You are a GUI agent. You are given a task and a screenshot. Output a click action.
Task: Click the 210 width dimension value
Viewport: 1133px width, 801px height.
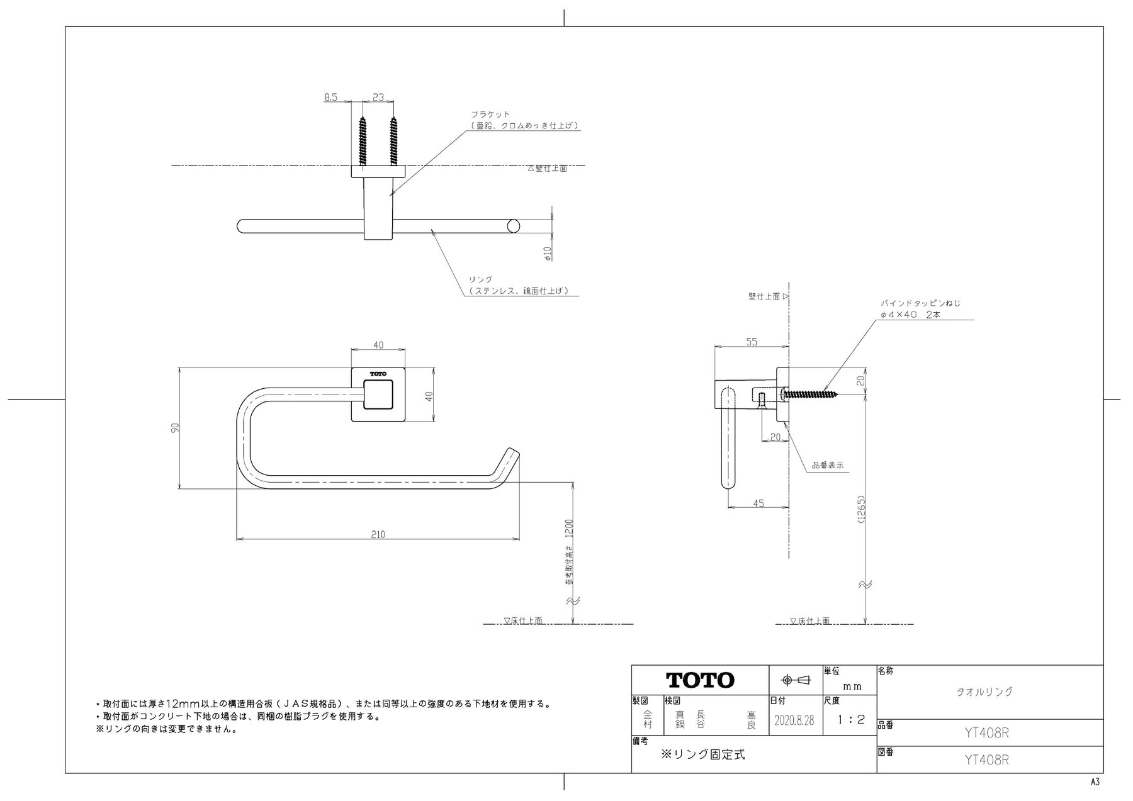[x=378, y=534]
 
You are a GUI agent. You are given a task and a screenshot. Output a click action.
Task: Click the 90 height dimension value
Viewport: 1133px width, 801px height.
[x=176, y=427]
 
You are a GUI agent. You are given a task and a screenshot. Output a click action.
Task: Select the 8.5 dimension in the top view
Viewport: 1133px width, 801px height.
[x=330, y=97]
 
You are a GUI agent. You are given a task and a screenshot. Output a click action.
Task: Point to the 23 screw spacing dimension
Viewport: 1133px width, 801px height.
[x=378, y=97]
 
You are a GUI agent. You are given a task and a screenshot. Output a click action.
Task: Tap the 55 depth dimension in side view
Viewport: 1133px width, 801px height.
[x=752, y=342]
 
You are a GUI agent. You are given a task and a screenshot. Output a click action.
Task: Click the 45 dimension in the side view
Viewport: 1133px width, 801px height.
[x=758, y=503]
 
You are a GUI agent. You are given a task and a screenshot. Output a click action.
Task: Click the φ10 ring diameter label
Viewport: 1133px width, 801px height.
[x=548, y=253]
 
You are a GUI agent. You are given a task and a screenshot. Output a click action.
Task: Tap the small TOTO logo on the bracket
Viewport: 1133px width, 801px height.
[x=378, y=374]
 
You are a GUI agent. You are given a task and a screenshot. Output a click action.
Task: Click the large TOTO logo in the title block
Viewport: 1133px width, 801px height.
[x=700, y=680]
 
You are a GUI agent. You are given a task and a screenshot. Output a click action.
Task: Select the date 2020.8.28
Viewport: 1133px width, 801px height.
[x=794, y=720]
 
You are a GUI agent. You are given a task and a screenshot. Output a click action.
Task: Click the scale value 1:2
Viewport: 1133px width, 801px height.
[x=851, y=720]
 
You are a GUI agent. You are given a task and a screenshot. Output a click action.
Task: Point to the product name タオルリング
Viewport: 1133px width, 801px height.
[x=984, y=692]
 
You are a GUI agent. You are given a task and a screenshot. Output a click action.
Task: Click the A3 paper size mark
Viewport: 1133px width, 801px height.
[x=1095, y=781]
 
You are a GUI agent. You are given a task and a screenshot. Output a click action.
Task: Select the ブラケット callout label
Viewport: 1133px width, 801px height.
[x=490, y=115]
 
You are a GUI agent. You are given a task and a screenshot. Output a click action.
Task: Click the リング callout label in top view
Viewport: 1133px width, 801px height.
[x=480, y=279]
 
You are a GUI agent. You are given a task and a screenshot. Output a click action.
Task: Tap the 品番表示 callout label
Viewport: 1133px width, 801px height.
[x=827, y=466]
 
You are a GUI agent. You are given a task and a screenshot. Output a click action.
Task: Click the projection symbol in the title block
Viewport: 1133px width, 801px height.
[x=796, y=680]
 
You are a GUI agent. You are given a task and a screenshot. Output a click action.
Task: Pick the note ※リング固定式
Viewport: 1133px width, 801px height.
[x=702, y=754]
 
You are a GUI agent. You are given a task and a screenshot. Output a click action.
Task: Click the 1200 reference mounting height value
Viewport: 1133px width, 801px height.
[x=570, y=529]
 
